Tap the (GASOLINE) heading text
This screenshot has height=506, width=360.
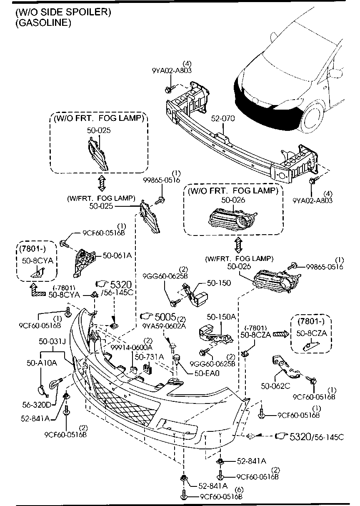[x=43, y=23]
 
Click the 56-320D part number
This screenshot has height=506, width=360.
[x=37, y=404]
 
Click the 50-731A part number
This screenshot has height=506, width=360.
[x=149, y=357]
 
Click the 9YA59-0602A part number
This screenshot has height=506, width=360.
[x=164, y=326]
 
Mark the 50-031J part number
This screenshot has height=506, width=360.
[x=52, y=342]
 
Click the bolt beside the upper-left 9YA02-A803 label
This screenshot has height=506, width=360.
[x=168, y=89]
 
